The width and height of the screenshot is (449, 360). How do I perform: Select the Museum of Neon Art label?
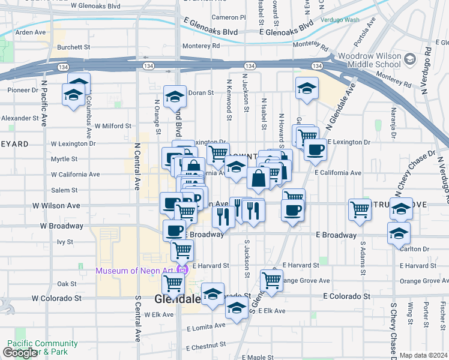click(137, 270)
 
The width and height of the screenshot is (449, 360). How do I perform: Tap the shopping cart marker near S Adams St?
click(360, 210)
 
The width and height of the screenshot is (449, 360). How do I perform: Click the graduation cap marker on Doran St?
click(174, 97)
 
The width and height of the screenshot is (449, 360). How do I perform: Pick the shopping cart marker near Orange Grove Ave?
click(271, 280)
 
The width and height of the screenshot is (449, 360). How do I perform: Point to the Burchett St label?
click(73, 46)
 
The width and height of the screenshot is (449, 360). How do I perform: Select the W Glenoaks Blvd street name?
click(95, 6)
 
